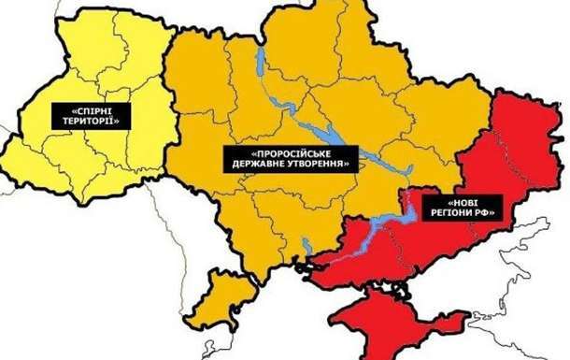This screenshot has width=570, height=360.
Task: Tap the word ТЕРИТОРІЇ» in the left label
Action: tap(91, 121)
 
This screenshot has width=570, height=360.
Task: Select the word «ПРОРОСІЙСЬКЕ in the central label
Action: tap(291, 152)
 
